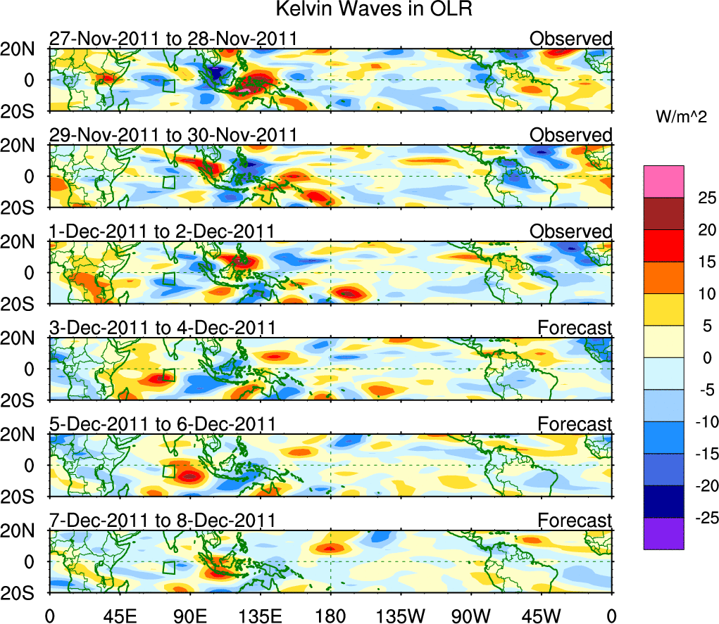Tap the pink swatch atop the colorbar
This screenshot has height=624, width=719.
point(663,181)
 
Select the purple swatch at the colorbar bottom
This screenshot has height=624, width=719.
point(663,533)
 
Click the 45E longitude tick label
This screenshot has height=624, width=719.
point(119,614)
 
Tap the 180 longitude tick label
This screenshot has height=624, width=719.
point(330,614)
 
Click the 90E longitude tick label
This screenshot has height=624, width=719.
point(189,614)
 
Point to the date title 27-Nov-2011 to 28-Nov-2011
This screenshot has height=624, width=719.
point(173,39)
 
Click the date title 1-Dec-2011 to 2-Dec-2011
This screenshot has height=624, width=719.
point(161,231)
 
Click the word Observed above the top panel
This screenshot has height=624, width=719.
point(570,39)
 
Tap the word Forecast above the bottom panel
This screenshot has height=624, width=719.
point(575,521)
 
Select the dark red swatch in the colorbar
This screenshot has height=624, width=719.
point(663,214)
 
